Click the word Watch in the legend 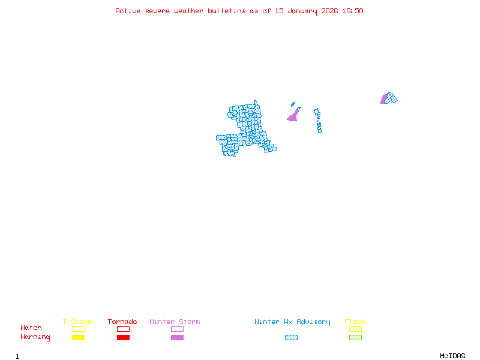[31, 328]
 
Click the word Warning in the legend [35, 337]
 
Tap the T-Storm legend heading [77, 322]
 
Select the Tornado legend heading [122, 322]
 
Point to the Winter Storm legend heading [175, 322]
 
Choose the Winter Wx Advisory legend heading [292, 322]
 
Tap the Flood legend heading [355, 322]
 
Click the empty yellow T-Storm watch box [78, 329]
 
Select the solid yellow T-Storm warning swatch [78, 338]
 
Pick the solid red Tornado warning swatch [123, 338]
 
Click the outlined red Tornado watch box [123, 329]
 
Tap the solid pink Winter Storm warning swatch [177, 338]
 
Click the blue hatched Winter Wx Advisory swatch [291, 338]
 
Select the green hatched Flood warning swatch [355, 338]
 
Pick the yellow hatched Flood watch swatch [355, 329]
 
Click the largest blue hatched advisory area [246, 129]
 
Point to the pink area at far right [383, 99]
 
